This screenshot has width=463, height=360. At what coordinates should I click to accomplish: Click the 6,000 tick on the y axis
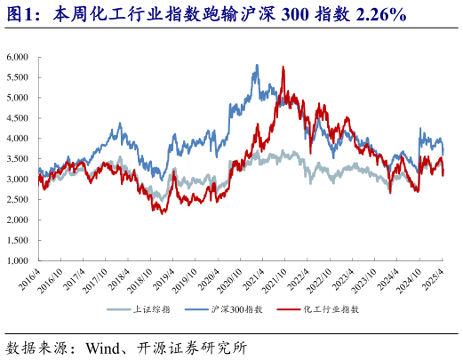tap(18, 57)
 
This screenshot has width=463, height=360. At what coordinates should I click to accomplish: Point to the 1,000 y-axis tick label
tap(18, 261)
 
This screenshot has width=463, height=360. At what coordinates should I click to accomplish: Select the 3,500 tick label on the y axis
tap(18, 159)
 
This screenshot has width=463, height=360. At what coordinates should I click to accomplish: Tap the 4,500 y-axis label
tap(18, 118)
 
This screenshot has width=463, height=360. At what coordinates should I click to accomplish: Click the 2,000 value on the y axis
tap(18, 220)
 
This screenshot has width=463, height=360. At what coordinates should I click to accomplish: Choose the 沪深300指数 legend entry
tap(236, 308)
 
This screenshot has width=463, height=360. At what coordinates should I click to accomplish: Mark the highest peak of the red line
tap(283, 67)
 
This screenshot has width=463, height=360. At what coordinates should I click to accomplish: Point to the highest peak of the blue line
tap(257, 65)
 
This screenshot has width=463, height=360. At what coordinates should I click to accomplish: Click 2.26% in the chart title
tap(377, 14)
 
